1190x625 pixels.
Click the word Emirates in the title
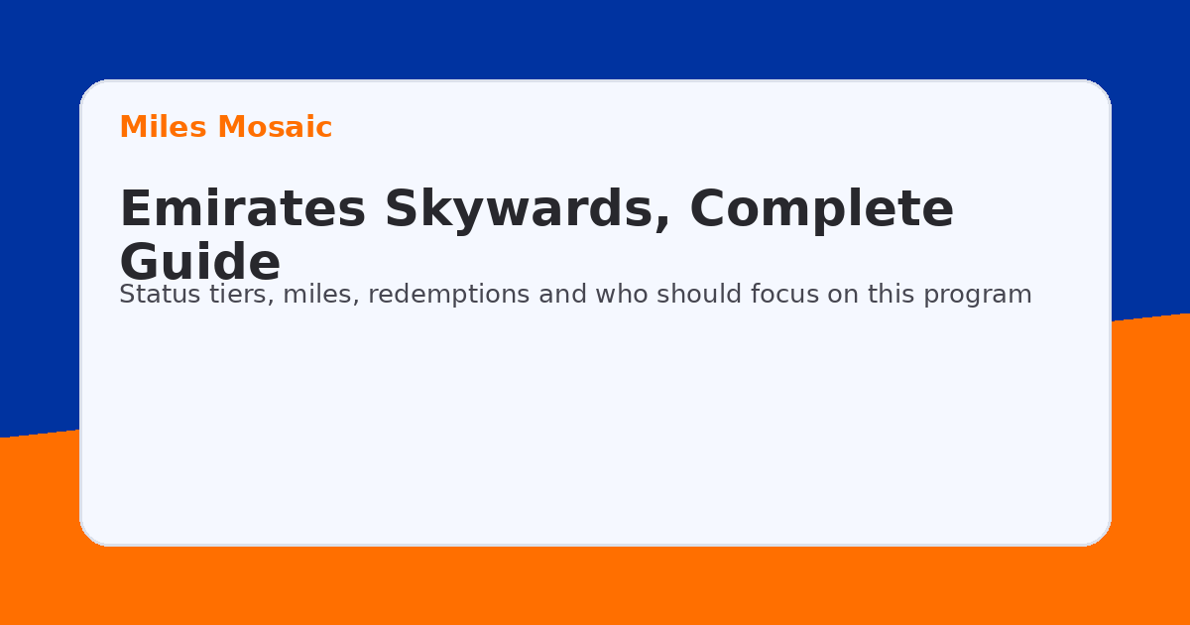pyautogui.click(x=243, y=210)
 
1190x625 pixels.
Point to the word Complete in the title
pyautogui.click(x=821, y=210)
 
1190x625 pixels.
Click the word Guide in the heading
pyautogui.click(x=199, y=263)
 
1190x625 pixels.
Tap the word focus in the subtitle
pyautogui.click(x=782, y=295)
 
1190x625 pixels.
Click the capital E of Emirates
pyautogui.click(x=135, y=210)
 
